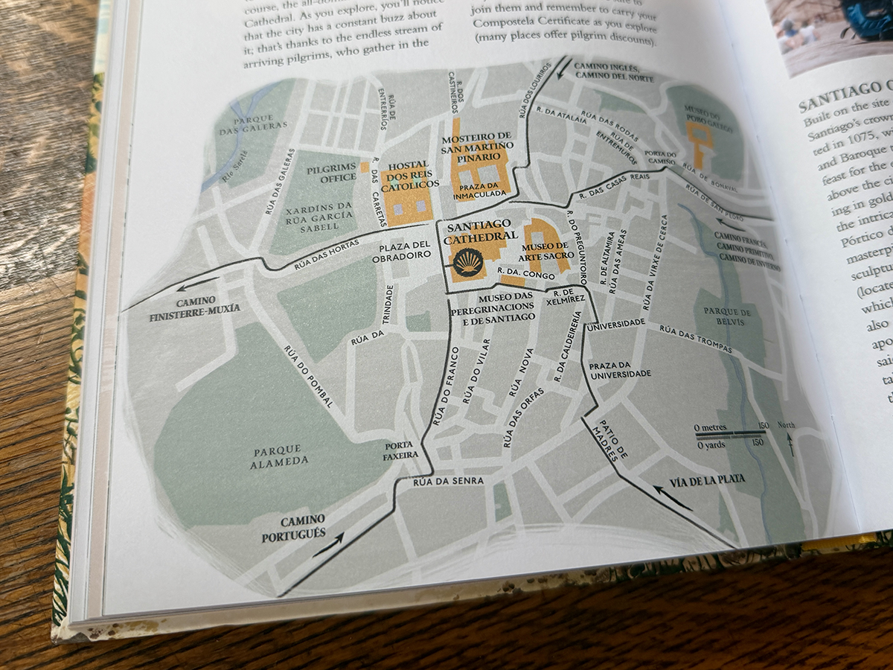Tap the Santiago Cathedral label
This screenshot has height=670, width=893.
click(478, 231)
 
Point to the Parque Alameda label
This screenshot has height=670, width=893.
click(280, 455)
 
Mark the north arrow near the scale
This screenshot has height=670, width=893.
click(790, 444)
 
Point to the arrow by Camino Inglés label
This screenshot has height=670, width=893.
click(566, 69)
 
